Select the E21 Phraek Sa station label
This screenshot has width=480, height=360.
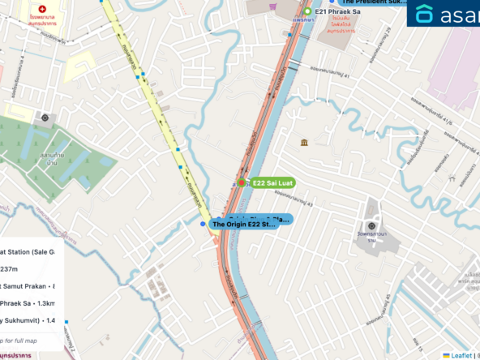tap(336, 11)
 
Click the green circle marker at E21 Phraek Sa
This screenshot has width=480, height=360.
tap(308, 11)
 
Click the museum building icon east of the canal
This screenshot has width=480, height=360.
tap(303, 143)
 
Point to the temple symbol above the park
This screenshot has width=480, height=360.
tap(44, 118)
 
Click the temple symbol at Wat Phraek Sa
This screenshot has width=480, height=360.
tap(371, 225)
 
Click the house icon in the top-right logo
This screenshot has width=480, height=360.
tap(424, 14)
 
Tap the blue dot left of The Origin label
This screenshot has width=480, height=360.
tap(203, 224)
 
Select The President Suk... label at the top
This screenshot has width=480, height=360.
tap(374, 2)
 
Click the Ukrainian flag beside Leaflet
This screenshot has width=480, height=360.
tap(444, 355)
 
